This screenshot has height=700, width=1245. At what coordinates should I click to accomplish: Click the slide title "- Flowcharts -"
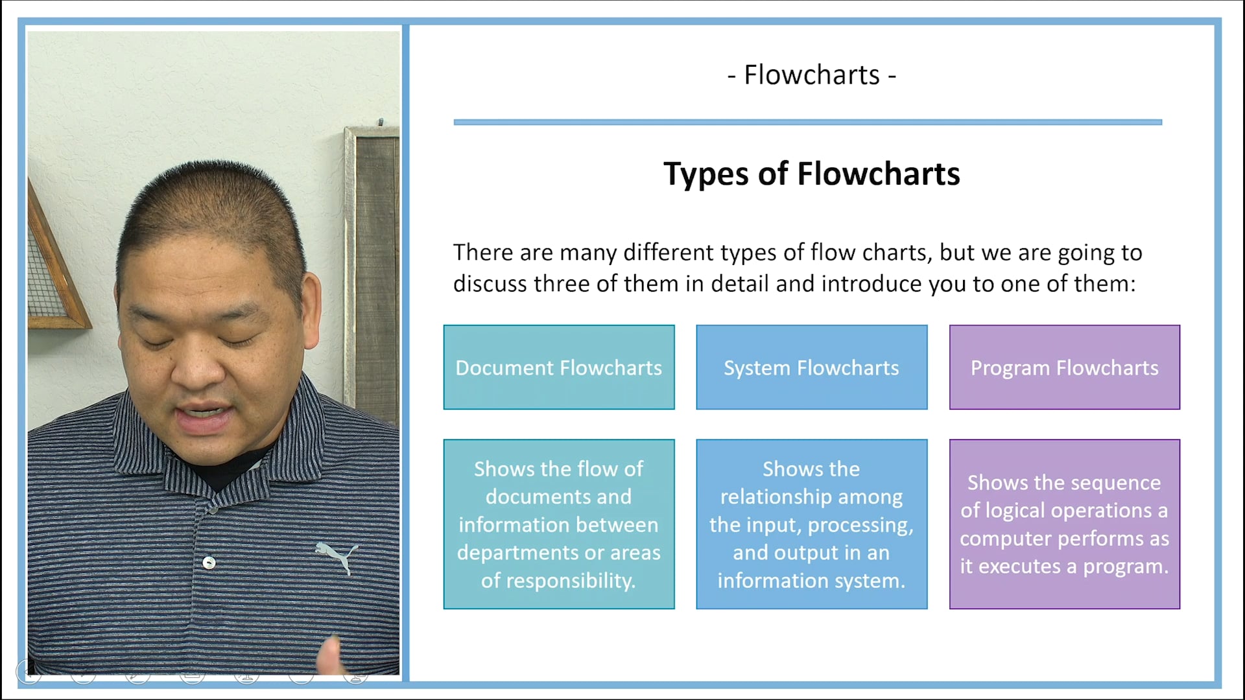pyautogui.click(x=811, y=75)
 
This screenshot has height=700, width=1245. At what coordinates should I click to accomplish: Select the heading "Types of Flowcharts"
pyautogui.click(x=811, y=174)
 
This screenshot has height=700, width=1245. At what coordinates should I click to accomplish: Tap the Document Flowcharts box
pyautogui.click(x=558, y=367)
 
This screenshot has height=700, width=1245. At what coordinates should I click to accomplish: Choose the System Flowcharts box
pyautogui.click(x=811, y=367)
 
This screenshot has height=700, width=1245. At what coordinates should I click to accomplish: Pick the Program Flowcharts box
pyautogui.click(x=1064, y=367)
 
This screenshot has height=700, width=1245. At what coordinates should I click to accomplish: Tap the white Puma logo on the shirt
pyautogui.click(x=337, y=555)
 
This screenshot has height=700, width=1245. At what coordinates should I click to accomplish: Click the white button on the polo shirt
pyautogui.click(x=209, y=562)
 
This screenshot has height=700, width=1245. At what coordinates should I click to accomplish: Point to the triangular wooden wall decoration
pyautogui.click(x=55, y=272)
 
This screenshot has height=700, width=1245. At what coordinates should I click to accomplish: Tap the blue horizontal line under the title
pyautogui.click(x=807, y=122)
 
